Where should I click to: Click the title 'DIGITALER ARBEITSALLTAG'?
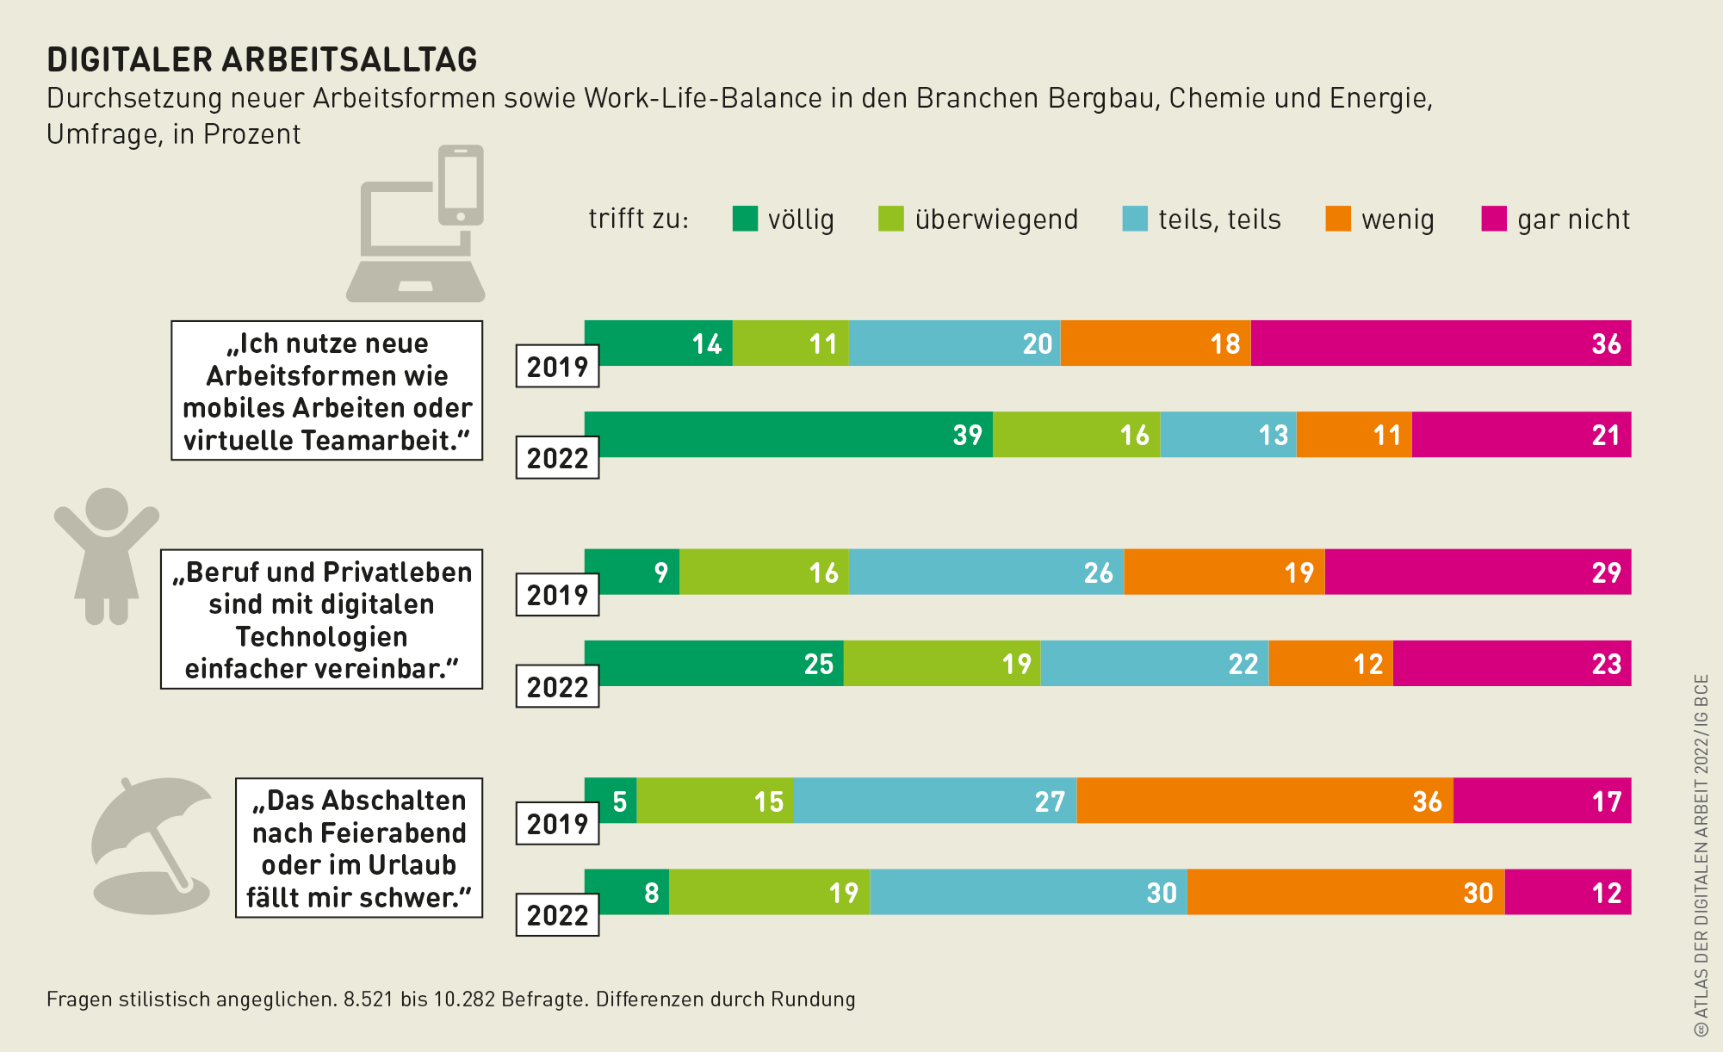262,59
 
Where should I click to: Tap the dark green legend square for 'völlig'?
745,219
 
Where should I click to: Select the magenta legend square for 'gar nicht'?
1494,219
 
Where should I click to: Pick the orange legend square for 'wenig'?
1338,219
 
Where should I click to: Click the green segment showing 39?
788,435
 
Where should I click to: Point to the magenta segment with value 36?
1441,343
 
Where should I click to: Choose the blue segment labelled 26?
986,572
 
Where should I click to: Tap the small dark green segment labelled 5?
610,801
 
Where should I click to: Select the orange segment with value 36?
1264,801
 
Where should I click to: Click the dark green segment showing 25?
714,664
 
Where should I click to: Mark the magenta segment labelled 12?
1568,893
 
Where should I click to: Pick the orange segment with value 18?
1155,343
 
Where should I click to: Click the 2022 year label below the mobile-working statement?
557,458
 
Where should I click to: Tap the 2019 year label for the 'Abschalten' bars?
557,824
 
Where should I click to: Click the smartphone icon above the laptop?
461,185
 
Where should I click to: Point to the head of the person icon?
107,509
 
